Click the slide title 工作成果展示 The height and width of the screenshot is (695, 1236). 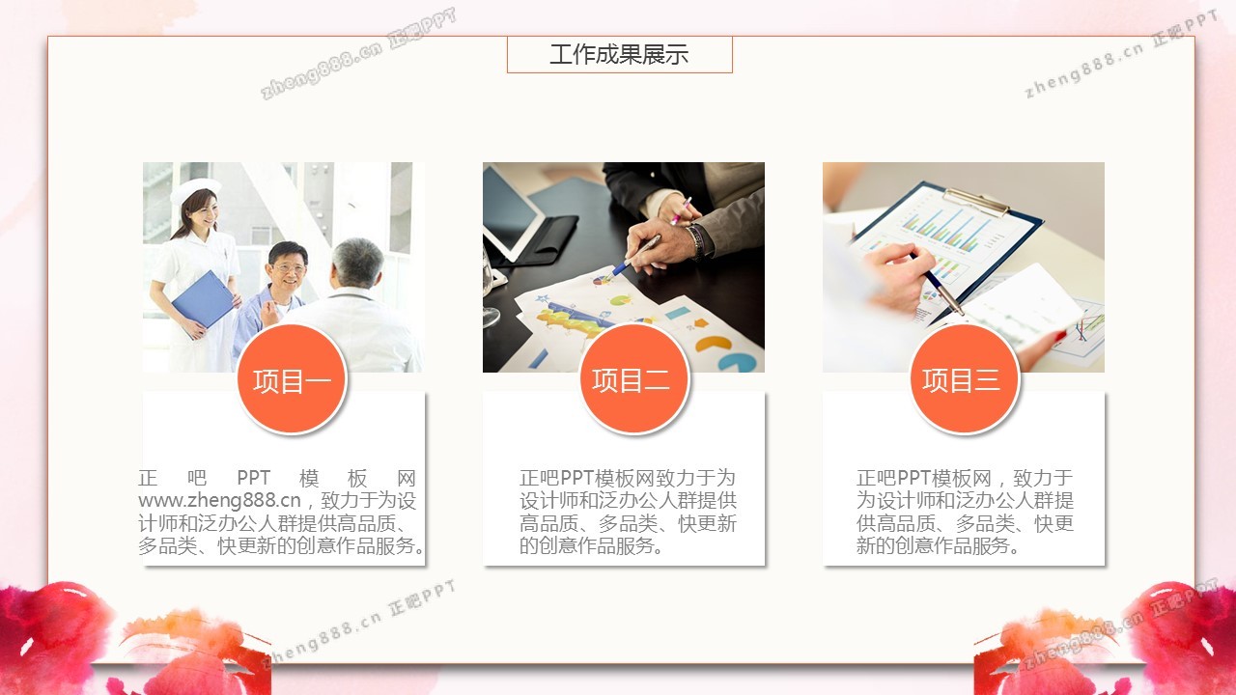click(x=619, y=55)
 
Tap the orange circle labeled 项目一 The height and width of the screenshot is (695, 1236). click(x=292, y=378)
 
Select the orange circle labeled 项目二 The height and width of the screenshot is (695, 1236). click(x=633, y=378)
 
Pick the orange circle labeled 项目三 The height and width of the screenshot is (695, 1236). click(x=964, y=378)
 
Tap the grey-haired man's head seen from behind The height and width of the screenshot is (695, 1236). click(x=357, y=264)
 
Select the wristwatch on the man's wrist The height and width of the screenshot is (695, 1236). click(x=697, y=240)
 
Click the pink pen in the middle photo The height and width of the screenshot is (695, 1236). click(x=682, y=210)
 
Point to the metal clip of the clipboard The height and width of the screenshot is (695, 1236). click(x=975, y=202)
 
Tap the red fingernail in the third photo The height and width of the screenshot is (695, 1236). click(x=1060, y=335)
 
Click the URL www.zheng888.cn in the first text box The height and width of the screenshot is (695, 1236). click(x=219, y=500)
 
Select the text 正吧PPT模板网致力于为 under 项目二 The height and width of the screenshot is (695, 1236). click(x=628, y=478)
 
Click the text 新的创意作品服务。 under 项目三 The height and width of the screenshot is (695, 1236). click(x=938, y=545)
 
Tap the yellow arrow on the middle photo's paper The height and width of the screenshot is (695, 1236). click(x=700, y=323)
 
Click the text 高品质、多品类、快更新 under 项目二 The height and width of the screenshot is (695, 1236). click(x=628, y=523)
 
